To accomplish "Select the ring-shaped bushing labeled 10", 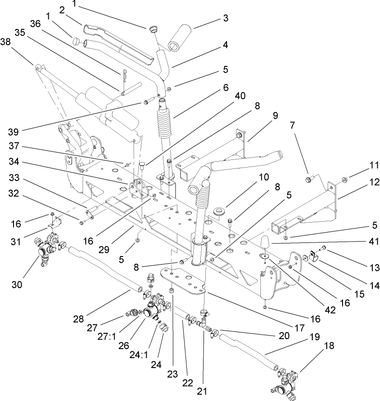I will (x=220, y=212).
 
